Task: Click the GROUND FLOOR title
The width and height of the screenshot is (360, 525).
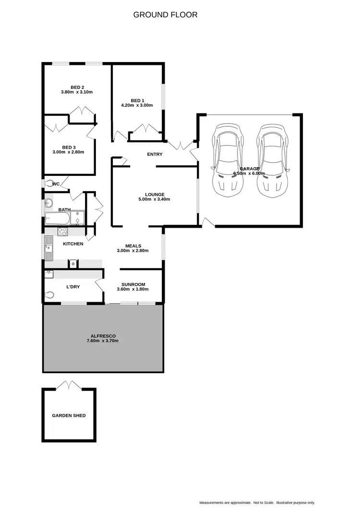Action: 165,15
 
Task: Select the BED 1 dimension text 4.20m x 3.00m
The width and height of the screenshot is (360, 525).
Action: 137,105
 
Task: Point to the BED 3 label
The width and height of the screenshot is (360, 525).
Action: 69,147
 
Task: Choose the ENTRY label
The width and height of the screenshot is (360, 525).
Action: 155,154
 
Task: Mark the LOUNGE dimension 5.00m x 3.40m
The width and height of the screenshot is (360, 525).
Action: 155,199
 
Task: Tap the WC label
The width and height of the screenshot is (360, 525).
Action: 56,184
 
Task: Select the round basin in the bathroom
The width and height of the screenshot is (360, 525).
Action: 48,204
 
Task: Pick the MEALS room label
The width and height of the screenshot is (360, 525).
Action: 133,246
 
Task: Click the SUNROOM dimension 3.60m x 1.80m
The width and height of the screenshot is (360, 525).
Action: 133,289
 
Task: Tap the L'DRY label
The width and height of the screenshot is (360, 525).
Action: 73,287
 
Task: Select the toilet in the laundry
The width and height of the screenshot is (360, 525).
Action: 49,295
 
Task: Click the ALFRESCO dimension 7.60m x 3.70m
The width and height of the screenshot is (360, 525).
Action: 103,341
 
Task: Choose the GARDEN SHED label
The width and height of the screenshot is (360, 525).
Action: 69,415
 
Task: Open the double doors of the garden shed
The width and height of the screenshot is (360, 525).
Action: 69,385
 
